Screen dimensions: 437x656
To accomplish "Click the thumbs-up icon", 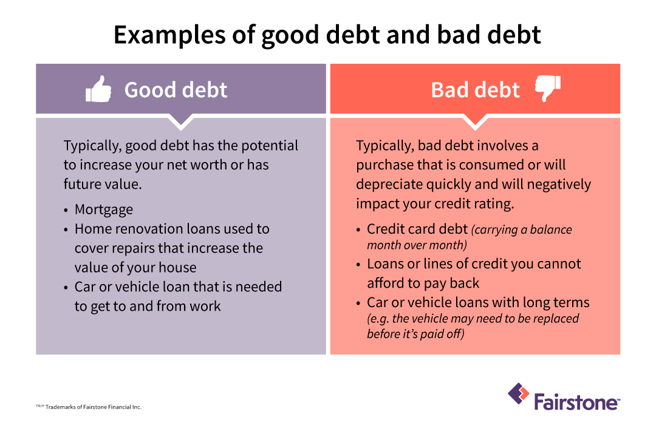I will [x=98, y=90].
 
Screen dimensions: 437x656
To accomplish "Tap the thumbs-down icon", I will [x=547, y=89].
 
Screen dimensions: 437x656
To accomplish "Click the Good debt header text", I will [x=176, y=90].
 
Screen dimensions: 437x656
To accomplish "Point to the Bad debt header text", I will [x=475, y=90].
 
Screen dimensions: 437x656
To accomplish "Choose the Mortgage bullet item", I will [x=103, y=209].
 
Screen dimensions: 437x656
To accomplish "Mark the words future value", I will [x=102, y=184].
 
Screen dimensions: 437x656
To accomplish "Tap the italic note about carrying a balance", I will [x=469, y=237].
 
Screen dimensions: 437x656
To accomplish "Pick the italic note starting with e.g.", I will [x=473, y=326].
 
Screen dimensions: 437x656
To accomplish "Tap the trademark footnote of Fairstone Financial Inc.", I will [x=89, y=407].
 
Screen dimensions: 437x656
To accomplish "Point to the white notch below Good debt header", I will [x=180, y=122].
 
